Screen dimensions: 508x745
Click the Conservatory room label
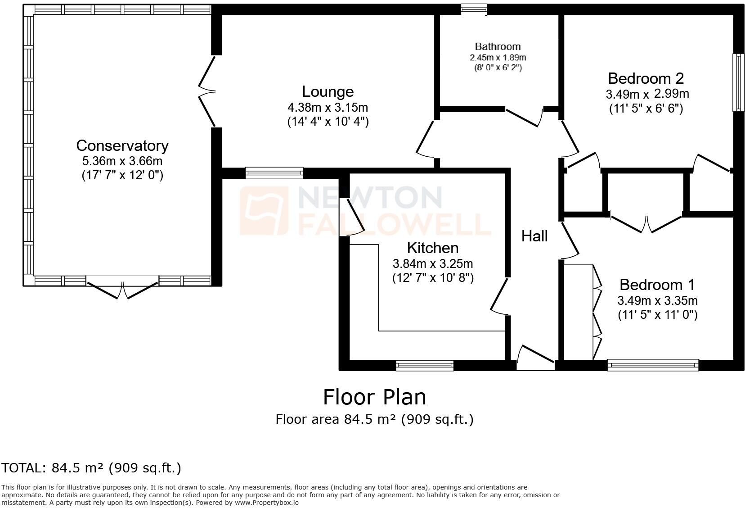(x=122, y=146)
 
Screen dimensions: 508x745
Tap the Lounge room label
(x=328, y=92)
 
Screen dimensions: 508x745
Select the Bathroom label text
(x=498, y=46)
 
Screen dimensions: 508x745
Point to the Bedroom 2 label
(x=646, y=78)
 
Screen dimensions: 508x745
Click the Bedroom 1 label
(x=657, y=285)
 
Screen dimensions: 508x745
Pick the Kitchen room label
(x=432, y=248)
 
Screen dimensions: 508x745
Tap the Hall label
(x=534, y=236)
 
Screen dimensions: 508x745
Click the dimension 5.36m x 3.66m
(x=122, y=161)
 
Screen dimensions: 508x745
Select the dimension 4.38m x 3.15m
(x=328, y=107)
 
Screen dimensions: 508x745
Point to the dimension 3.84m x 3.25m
(x=432, y=263)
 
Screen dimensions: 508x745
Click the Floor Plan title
(x=374, y=397)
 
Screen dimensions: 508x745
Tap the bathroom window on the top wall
(x=474, y=9)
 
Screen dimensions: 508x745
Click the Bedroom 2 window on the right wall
(x=738, y=82)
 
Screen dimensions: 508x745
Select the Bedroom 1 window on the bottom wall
(x=653, y=365)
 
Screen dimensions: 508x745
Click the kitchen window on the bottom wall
(x=424, y=365)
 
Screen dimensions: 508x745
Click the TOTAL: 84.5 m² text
(x=91, y=468)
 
